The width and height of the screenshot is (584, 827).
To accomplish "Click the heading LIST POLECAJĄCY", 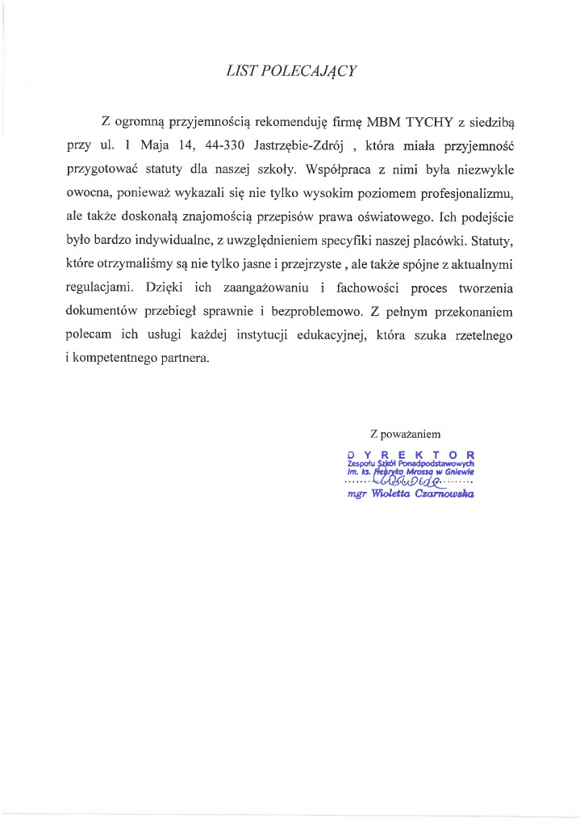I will click(292, 71).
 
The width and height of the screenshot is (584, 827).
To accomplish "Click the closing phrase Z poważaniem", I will click(405, 433).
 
